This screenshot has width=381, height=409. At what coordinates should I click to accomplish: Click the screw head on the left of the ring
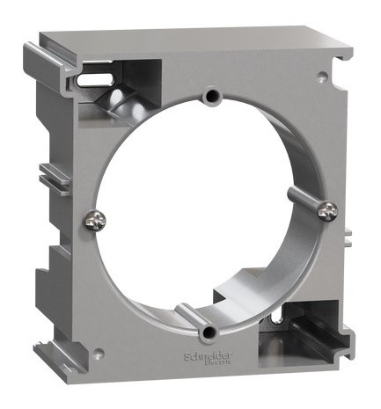click(x=93, y=220)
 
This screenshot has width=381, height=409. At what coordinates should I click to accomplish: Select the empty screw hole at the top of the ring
click(x=209, y=95)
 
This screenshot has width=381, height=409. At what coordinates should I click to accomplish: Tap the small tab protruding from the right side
click(x=349, y=237)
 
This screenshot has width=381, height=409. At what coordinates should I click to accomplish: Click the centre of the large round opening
click(x=209, y=211)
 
